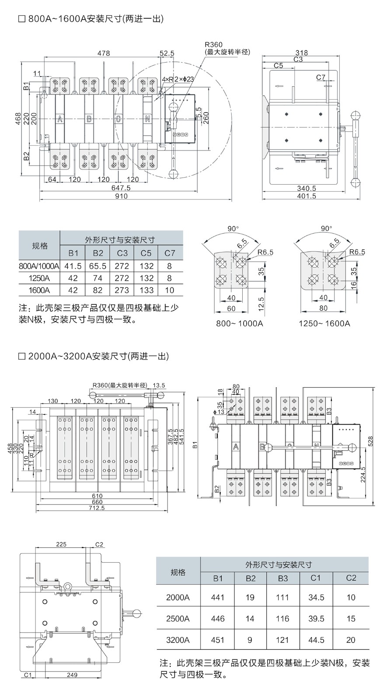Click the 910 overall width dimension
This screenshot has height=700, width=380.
point(121,196)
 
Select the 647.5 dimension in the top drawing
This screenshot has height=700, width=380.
point(121,188)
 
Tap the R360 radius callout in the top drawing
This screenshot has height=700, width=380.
point(213,45)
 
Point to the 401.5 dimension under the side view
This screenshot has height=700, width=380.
point(307,196)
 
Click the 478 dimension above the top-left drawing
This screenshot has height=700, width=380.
point(103,53)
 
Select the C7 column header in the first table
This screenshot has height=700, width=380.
point(170,253)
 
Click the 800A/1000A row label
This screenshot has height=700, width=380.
point(39,266)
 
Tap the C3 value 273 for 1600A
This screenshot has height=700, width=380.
point(122,290)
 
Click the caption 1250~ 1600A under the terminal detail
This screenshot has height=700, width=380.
point(324,324)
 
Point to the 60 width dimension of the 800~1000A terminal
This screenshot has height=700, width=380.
point(231,308)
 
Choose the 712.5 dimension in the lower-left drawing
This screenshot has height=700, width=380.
point(97,508)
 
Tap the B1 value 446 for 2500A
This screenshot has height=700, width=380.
point(218,619)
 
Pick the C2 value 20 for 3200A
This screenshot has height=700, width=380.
point(351,640)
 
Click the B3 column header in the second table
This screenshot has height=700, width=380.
point(283,578)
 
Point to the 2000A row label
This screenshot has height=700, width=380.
point(178,597)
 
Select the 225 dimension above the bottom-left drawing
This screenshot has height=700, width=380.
point(61,544)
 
